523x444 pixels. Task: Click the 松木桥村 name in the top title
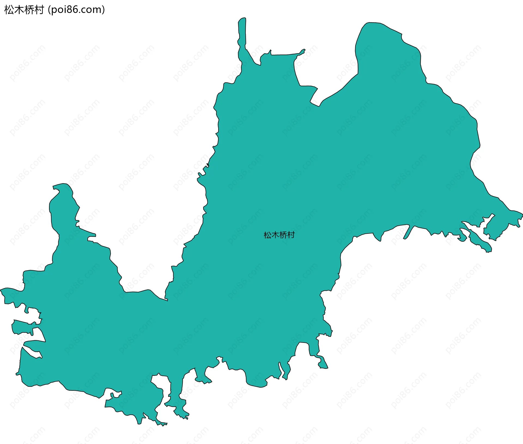[x=24, y=10]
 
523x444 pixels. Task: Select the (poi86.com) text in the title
[x=76, y=10]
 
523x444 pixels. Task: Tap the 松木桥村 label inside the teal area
[x=279, y=235]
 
